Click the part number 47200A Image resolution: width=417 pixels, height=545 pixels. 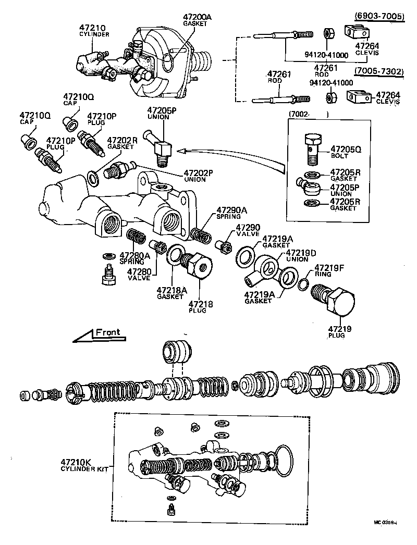coord(197,17)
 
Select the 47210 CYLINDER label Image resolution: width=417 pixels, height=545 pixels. coord(94,30)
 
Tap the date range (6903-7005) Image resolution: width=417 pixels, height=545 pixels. coord(379,16)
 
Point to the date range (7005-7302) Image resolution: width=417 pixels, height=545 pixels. coord(379,71)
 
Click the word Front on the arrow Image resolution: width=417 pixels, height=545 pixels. coord(107,332)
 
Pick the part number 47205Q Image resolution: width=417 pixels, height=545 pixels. coord(346,148)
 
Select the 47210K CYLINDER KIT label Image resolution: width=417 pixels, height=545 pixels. coord(84,465)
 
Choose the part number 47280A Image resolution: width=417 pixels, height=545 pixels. coord(134,258)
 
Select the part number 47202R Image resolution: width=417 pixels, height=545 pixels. coord(122,143)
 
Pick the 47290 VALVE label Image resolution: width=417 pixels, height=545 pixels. coord(247,231)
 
